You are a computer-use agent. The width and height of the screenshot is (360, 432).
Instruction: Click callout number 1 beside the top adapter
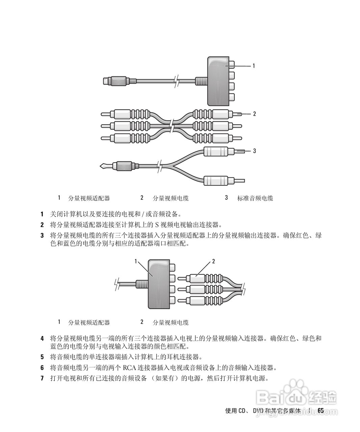(x=254, y=66)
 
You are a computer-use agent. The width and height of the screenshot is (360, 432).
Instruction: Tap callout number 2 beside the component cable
(x=254, y=114)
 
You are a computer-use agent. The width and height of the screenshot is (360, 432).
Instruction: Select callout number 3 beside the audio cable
(x=254, y=151)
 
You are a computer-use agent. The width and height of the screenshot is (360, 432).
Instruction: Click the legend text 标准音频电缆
(x=255, y=198)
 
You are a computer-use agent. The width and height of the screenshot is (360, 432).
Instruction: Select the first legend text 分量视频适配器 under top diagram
(x=89, y=198)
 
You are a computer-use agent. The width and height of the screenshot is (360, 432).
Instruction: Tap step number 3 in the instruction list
(x=42, y=235)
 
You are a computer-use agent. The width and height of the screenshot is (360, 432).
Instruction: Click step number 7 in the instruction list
(x=42, y=378)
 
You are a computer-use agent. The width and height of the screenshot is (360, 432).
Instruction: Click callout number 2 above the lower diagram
(x=213, y=261)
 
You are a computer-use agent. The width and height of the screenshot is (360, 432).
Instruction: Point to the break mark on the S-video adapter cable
(x=176, y=81)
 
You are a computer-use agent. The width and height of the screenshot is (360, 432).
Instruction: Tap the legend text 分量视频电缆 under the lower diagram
(x=171, y=322)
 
